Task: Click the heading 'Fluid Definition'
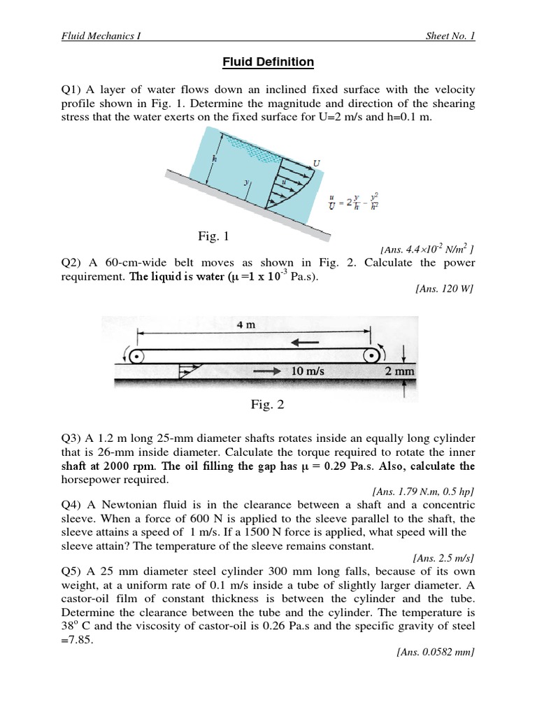(x=268, y=62)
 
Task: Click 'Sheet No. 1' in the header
(x=450, y=36)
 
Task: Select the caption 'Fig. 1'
(x=208, y=238)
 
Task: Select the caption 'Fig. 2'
(x=268, y=404)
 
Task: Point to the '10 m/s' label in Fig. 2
(x=308, y=372)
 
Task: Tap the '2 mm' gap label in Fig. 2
(x=400, y=372)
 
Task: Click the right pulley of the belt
(x=371, y=355)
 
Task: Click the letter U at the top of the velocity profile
(x=317, y=164)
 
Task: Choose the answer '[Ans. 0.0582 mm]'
(x=436, y=652)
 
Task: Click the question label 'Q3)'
(x=72, y=438)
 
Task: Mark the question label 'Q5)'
(x=72, y=571)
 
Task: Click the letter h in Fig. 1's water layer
(x=215, y=158)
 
